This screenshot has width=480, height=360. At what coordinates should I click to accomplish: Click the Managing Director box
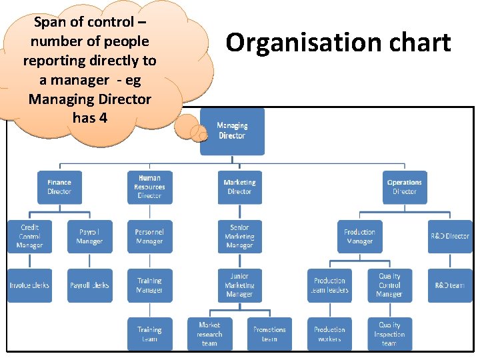click(x=232, y=131)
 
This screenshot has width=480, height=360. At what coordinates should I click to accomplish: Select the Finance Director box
click(x=59, y=187)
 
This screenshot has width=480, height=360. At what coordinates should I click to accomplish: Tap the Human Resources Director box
click(x=149, y=187)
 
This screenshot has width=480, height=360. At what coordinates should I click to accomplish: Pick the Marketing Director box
click(x=239, y=187)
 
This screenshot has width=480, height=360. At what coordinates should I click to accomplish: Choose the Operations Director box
click(x=405, y=187)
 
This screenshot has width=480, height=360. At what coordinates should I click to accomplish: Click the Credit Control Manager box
click(x=30, y=237)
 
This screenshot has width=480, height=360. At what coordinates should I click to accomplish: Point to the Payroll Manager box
click(x=89, y=237)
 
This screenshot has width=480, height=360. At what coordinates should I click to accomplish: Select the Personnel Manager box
click(x=149, y=237)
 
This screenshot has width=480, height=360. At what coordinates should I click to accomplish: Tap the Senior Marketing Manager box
click(x=239, y=237)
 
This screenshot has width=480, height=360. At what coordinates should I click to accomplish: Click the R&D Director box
click(x=449, y=237)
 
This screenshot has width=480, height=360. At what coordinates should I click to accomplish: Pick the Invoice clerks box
click(x=30, y=285)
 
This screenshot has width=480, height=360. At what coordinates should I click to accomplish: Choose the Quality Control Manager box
click(x=389, y=285)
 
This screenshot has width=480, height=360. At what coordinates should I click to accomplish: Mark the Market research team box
click(x=209, y=334)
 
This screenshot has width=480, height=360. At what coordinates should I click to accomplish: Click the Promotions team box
click(x=269, y=334)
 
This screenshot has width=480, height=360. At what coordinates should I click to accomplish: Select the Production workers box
click(x=329, y=334)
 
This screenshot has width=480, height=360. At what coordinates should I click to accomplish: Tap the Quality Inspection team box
click(x=389, y=334)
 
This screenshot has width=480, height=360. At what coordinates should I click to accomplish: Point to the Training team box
click(x=149, y=334)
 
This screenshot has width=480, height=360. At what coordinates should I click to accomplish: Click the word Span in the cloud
click(x=49, y=22)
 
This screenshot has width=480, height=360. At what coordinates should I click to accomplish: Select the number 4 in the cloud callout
click(x=103, y=119)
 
